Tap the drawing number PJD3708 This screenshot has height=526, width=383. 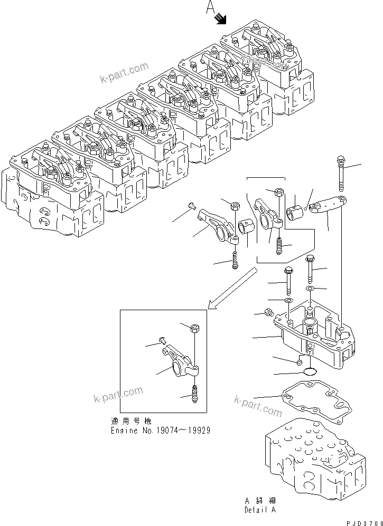[x=361, y=521]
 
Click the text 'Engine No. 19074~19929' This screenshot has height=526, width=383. [x=160, y=430]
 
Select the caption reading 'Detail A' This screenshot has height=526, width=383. [x=259, y=510]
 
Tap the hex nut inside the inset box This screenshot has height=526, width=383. [x=194, y=329]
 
